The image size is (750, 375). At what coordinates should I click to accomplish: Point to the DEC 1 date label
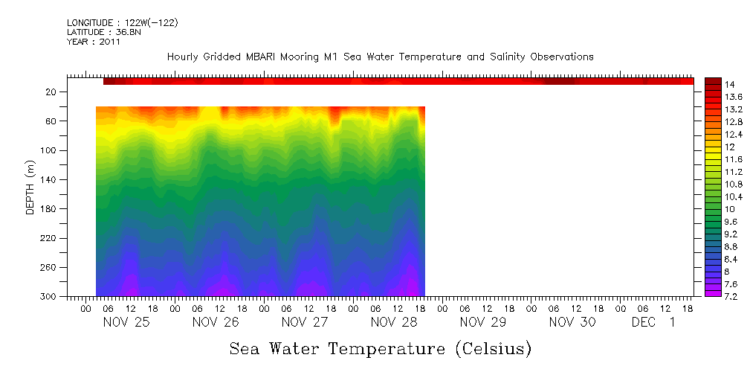click(x=653, y=322)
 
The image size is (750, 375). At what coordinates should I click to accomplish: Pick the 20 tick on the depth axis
click(x=51, y=92)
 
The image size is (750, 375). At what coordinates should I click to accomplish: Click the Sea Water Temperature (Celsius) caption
click(x=381, y=349)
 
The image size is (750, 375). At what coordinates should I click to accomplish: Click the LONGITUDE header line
click(x=122, y=23)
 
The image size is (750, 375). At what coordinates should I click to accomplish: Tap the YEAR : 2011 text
click(x=93, y=42)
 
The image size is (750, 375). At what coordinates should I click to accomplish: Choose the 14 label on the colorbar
click(x=729, y=83)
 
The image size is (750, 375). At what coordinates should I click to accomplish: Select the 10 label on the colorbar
click(x=729, y=209)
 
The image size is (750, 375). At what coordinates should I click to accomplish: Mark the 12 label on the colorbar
click(x=729, y=147)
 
